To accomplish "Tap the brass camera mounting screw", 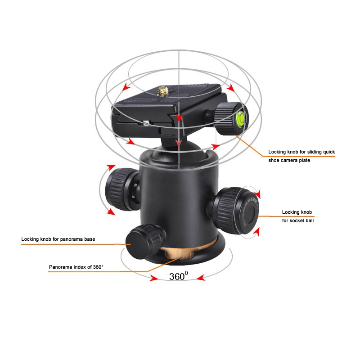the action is [163, 91].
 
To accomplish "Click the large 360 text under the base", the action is [178, 276].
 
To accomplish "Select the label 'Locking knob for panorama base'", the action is [58, 239].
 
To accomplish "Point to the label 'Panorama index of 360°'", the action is [76, 267].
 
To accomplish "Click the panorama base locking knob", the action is [145, 241].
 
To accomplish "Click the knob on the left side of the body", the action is [121, 189].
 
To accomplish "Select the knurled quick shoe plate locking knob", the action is [231, 119].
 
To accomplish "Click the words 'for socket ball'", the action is [298, 220].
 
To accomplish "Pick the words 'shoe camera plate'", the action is [289, 160].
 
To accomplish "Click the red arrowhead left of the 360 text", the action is [153, 278].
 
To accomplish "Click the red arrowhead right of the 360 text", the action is [201, 278].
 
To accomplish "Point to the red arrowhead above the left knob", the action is [111, 167].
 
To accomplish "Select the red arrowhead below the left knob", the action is [111, 211].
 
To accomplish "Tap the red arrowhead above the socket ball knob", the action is [258, 194].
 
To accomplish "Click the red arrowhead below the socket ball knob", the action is [256, 231].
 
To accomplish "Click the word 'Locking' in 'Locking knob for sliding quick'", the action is [277, 152].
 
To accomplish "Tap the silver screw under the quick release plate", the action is [145, 123].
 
